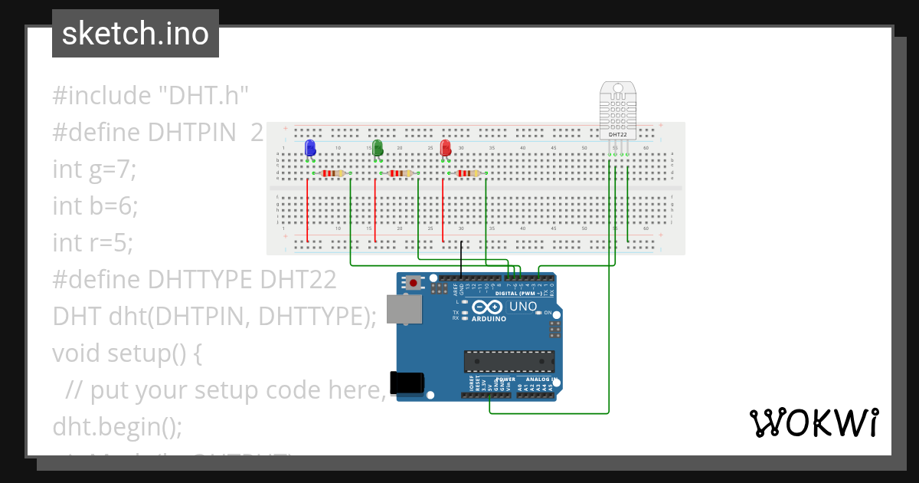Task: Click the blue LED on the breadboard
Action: click(x=309, y=148)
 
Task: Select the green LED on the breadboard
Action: click(x=377, y=148)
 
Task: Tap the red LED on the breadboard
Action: click(x=446, y=148)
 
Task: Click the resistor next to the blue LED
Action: click(x=332, y=173)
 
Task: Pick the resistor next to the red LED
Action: click(x=468, y=173)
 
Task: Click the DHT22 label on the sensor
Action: click(x=618, y=134)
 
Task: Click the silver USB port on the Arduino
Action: click(x=404, y=308)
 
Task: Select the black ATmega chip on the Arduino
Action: click(x=509, y=361)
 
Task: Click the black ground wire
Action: click(x=461, y=257)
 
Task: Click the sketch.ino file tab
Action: click(x=136, y=34)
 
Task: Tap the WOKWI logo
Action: click(x=813, y=422)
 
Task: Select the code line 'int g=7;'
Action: click(x=94, y=169)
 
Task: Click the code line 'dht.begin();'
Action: click(x=117, y=426)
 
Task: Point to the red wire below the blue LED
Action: click(x=307, y=211)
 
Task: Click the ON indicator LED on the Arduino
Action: click(x=538, y=313)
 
